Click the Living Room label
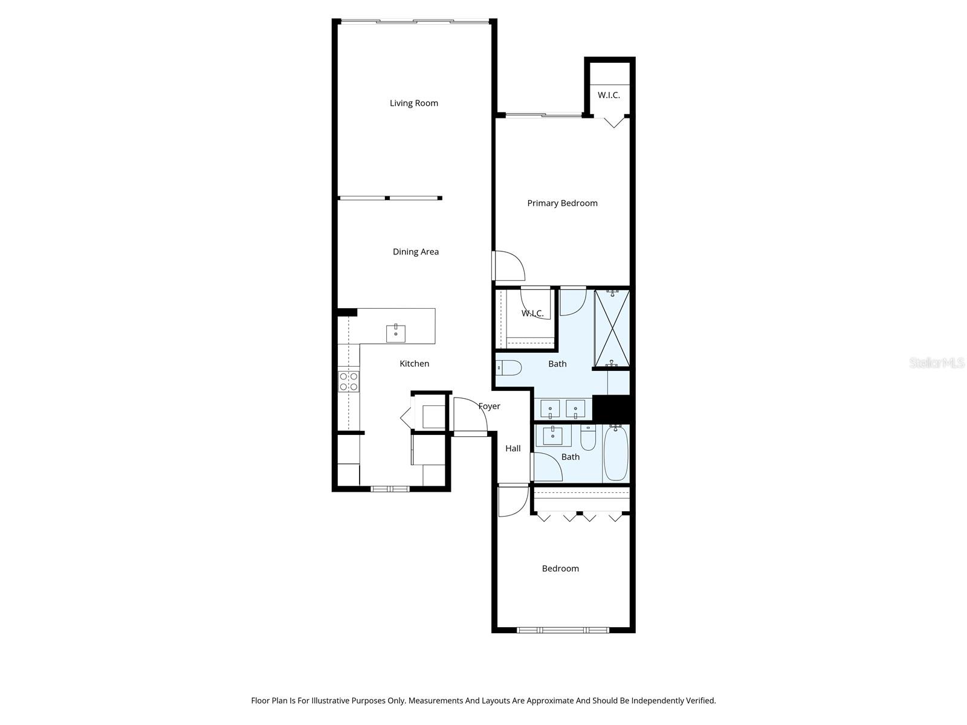(x=413, y=103)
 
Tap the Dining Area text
(x=415, y=252)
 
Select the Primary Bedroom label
(x=562, y=203)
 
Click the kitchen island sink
(x=395, y=333)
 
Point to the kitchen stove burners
(x=348, y=381)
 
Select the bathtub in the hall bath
(x=615, y=453)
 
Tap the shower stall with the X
(x=612, y=328)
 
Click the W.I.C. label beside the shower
(x=532, y=314)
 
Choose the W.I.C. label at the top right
(x=609, y=95)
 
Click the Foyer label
(x=489, y=406)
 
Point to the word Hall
(x=513, y=448)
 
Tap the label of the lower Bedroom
(x=560, y=569)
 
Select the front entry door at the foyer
(x=471, y=416)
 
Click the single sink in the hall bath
(x=552, y=436)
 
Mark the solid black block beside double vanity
(x=613, y=408)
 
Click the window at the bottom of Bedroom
(x=563, y=630)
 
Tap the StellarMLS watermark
(x=936, y=363)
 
